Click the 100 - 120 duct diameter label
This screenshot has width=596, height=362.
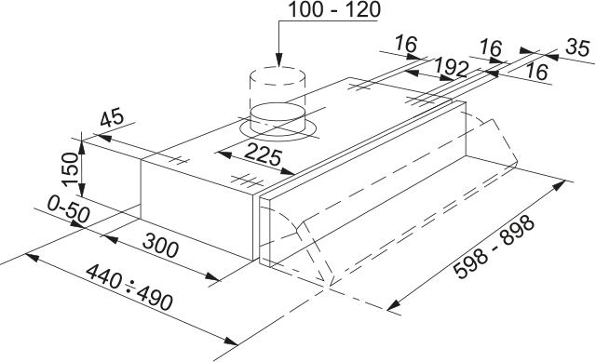(334, 9)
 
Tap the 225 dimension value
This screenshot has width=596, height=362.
(263, 156)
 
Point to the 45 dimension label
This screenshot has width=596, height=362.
(112, 117)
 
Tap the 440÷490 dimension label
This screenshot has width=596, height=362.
(129, 287)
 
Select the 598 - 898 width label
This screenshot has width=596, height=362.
(494, 247)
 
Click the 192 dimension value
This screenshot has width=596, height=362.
(451, 68)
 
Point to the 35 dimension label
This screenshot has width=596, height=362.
(578, 47)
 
